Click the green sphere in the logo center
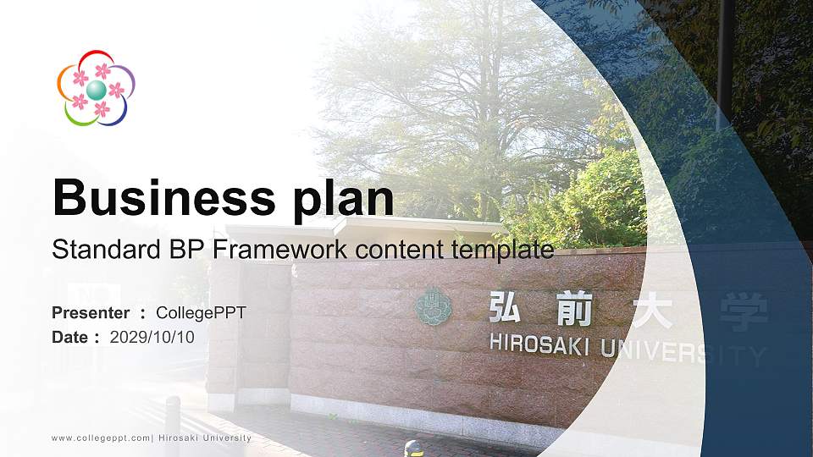pyautogui.click(x=96, y=90)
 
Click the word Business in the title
pyautogui.click(x=158, y=199)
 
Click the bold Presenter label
pyautogui.click(x=91, y=313)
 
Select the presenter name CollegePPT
pyautogui.click(x=201, y=313)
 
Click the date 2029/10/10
pyautogui.click(x=152, y=337)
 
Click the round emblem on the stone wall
pyautogui.click(x=433, y=307)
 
